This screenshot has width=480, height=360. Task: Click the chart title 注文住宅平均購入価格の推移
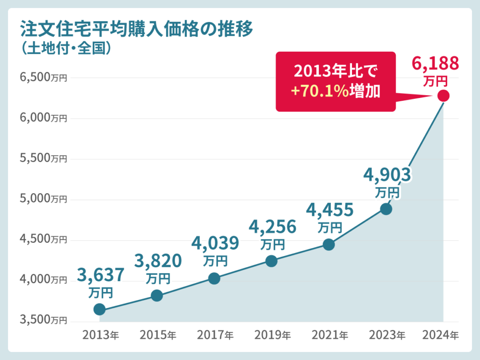136,30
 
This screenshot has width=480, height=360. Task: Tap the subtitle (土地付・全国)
66,48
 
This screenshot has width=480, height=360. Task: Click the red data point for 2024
443,96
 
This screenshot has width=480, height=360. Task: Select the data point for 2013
99,309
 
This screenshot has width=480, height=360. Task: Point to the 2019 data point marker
271,261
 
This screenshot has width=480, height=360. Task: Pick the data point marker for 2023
386,209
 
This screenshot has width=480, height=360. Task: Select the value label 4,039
215,243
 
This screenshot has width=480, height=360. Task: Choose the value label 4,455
330,210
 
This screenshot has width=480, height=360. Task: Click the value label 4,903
387,175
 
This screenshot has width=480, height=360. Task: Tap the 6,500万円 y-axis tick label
44,77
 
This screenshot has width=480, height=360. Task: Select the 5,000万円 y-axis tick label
44,199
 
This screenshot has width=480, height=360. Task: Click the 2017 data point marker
214,279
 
